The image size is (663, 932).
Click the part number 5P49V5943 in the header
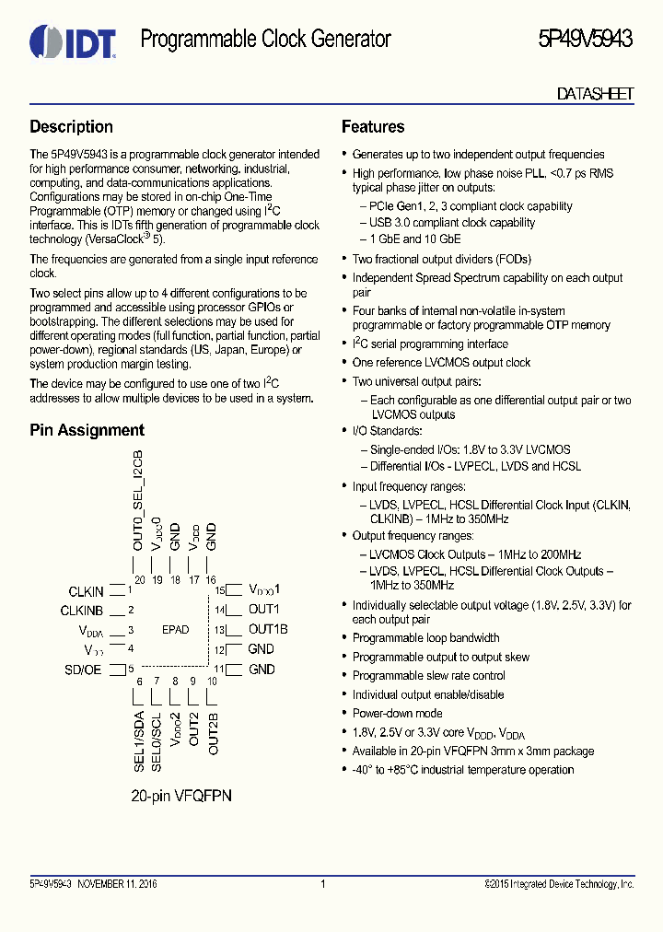click(585, 39)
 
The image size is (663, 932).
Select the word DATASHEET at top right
click(595, 93)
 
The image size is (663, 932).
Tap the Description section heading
click(71, 127)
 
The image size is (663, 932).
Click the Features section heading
click(373, 127)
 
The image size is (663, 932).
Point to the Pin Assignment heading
click(87, 430)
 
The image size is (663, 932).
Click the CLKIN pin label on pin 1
click(86, 591)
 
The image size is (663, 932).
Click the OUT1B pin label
click(268, 630)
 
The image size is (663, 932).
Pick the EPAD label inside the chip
click(175, 630)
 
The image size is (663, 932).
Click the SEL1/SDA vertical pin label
click(139, 739)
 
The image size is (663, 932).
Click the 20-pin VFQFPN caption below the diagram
click(180, 795)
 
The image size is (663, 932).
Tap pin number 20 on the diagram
click(139, 579)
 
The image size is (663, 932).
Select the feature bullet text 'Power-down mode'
click(397, 714)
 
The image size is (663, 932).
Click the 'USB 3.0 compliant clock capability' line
click(452, 223)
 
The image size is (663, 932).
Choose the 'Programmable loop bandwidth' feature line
click(425, 638)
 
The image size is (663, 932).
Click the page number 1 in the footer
click(323, 884)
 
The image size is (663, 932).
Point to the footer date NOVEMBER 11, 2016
click(117, 884)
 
